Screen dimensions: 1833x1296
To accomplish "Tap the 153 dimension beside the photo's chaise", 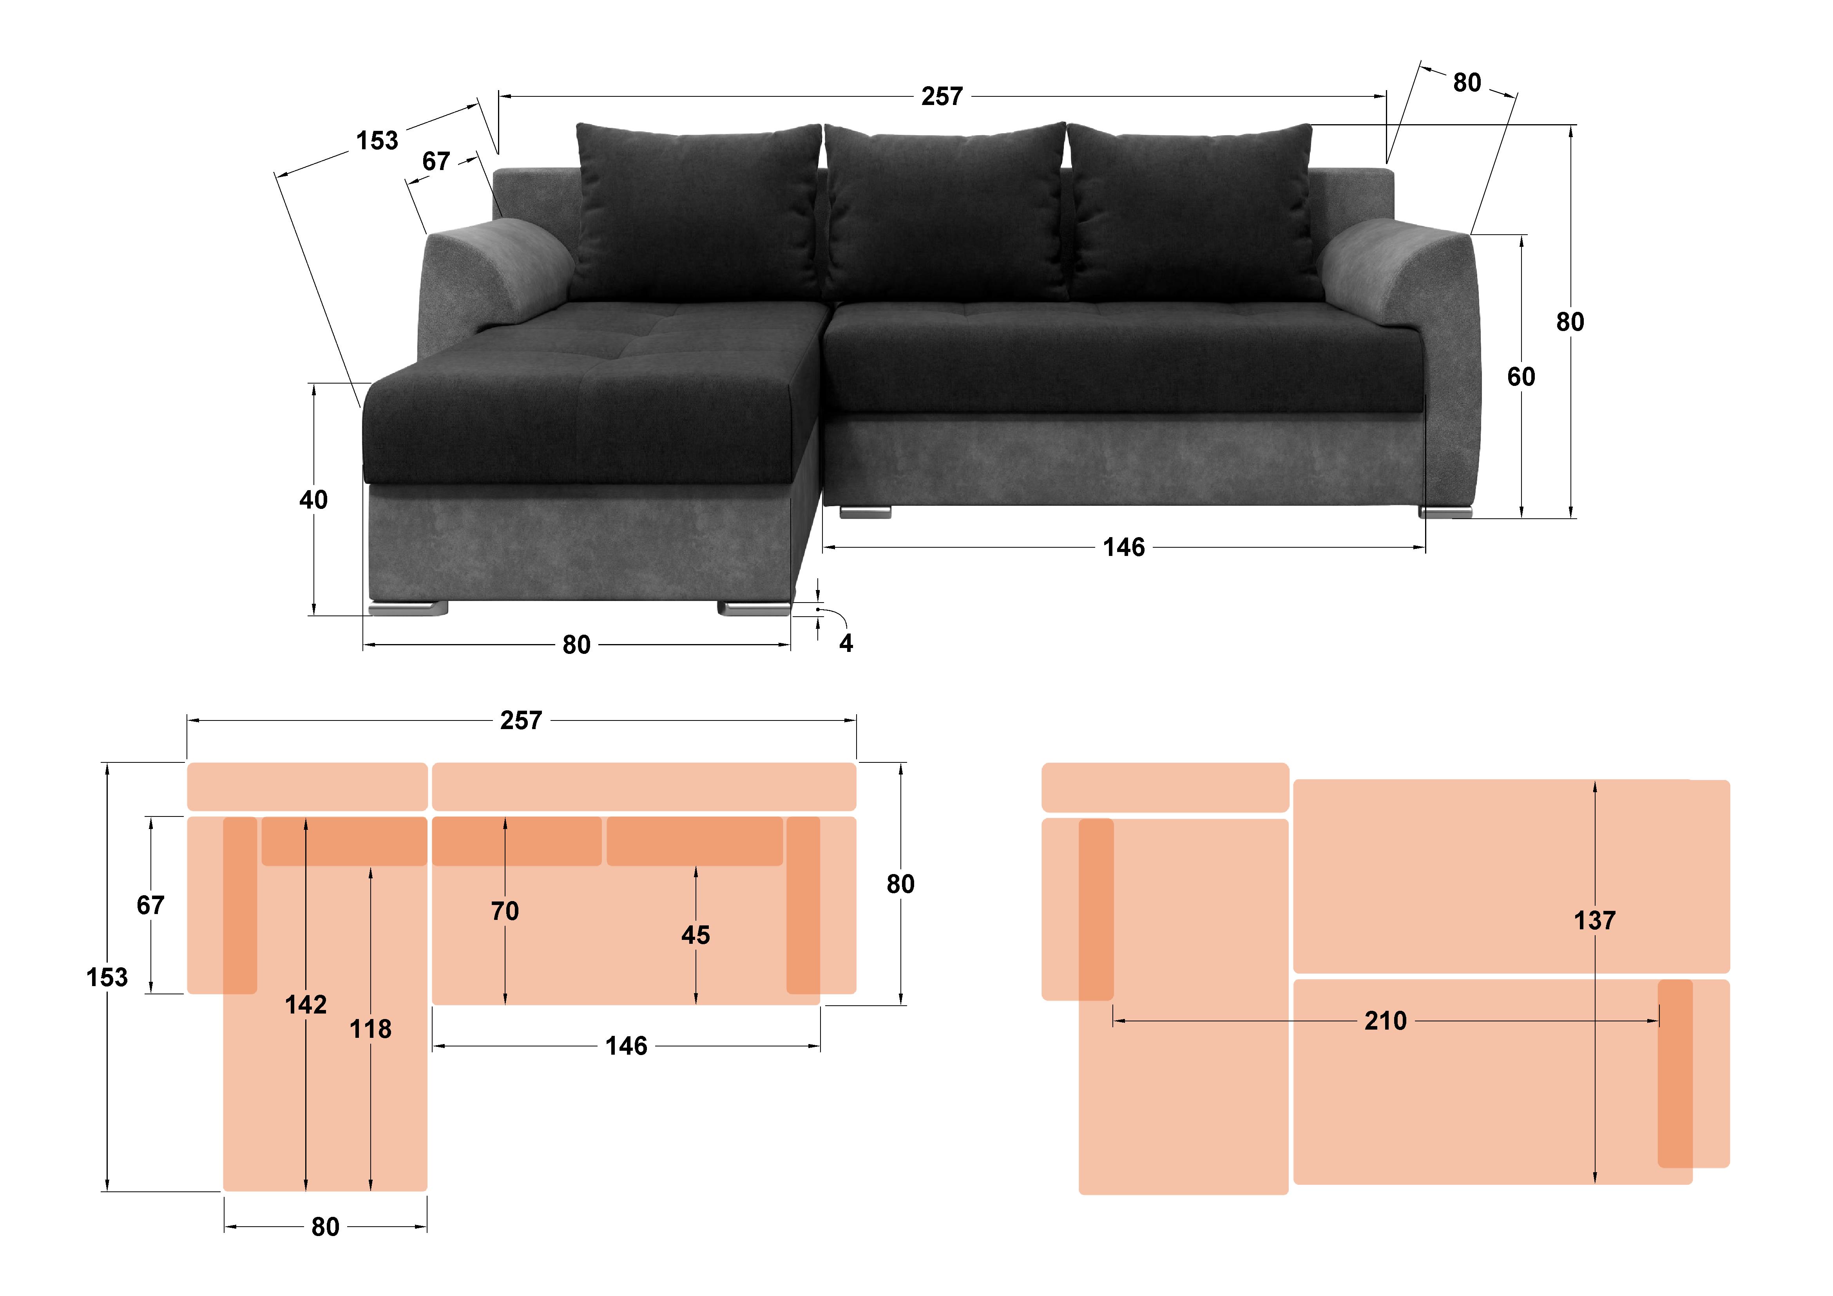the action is point(377,141).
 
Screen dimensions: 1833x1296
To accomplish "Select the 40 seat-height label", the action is point(313,500).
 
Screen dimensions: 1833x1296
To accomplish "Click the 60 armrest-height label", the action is point(1521,376).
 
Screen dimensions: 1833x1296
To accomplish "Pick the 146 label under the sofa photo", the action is point(1123,547).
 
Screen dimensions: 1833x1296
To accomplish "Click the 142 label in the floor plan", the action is point(306,1004).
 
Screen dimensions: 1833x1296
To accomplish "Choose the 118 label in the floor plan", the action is point(370,1029).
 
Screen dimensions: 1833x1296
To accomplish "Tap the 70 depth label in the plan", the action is point(505,910).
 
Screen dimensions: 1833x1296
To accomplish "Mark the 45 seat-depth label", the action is point(696,934).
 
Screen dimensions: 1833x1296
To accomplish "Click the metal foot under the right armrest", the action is point(1445,512).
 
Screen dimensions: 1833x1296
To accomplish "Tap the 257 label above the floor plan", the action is point(520,720).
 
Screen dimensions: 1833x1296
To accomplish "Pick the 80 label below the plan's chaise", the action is point(325,1227).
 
